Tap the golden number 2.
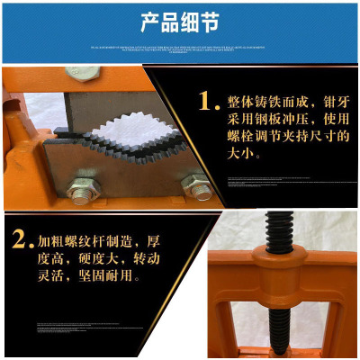17,240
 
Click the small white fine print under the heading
180,49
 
